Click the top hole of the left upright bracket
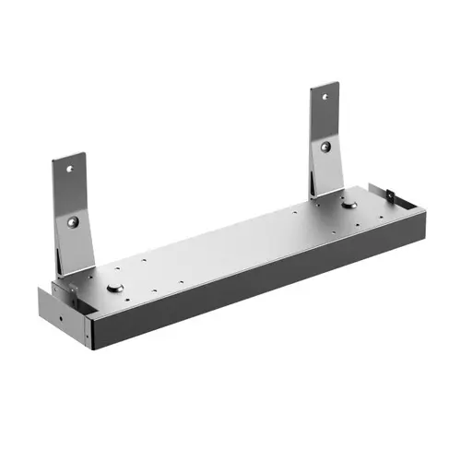[68, 169]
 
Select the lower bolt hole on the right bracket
[325, 146]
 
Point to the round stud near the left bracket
[114, 288]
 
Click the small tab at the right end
[391, 196]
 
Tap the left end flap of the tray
[55, 310]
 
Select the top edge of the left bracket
[69, 157]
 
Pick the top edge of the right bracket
[325, 86]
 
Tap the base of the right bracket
[328, 189]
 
